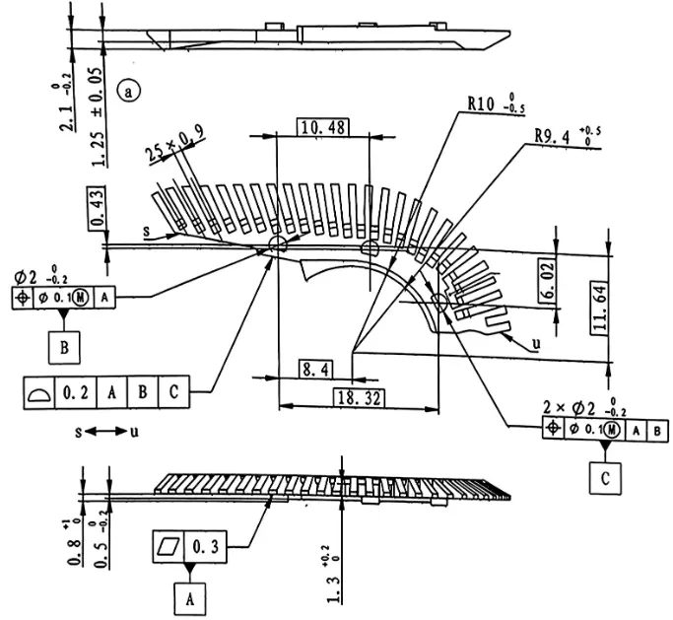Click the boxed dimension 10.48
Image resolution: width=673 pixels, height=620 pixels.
click(323, 127)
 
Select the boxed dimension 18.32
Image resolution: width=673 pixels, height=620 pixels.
click(360, 398)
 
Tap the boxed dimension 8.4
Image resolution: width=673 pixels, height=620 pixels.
click(315, 370)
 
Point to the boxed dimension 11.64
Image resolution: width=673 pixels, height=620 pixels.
click(600, 308)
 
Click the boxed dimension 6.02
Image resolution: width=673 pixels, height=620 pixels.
click(547, 282)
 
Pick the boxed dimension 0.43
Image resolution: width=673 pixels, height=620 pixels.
click(97, 208)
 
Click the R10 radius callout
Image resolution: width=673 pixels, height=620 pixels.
click(497, 104)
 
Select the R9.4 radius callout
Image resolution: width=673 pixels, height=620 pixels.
click(568, 136)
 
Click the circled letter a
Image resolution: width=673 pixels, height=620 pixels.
click(128, 91)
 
